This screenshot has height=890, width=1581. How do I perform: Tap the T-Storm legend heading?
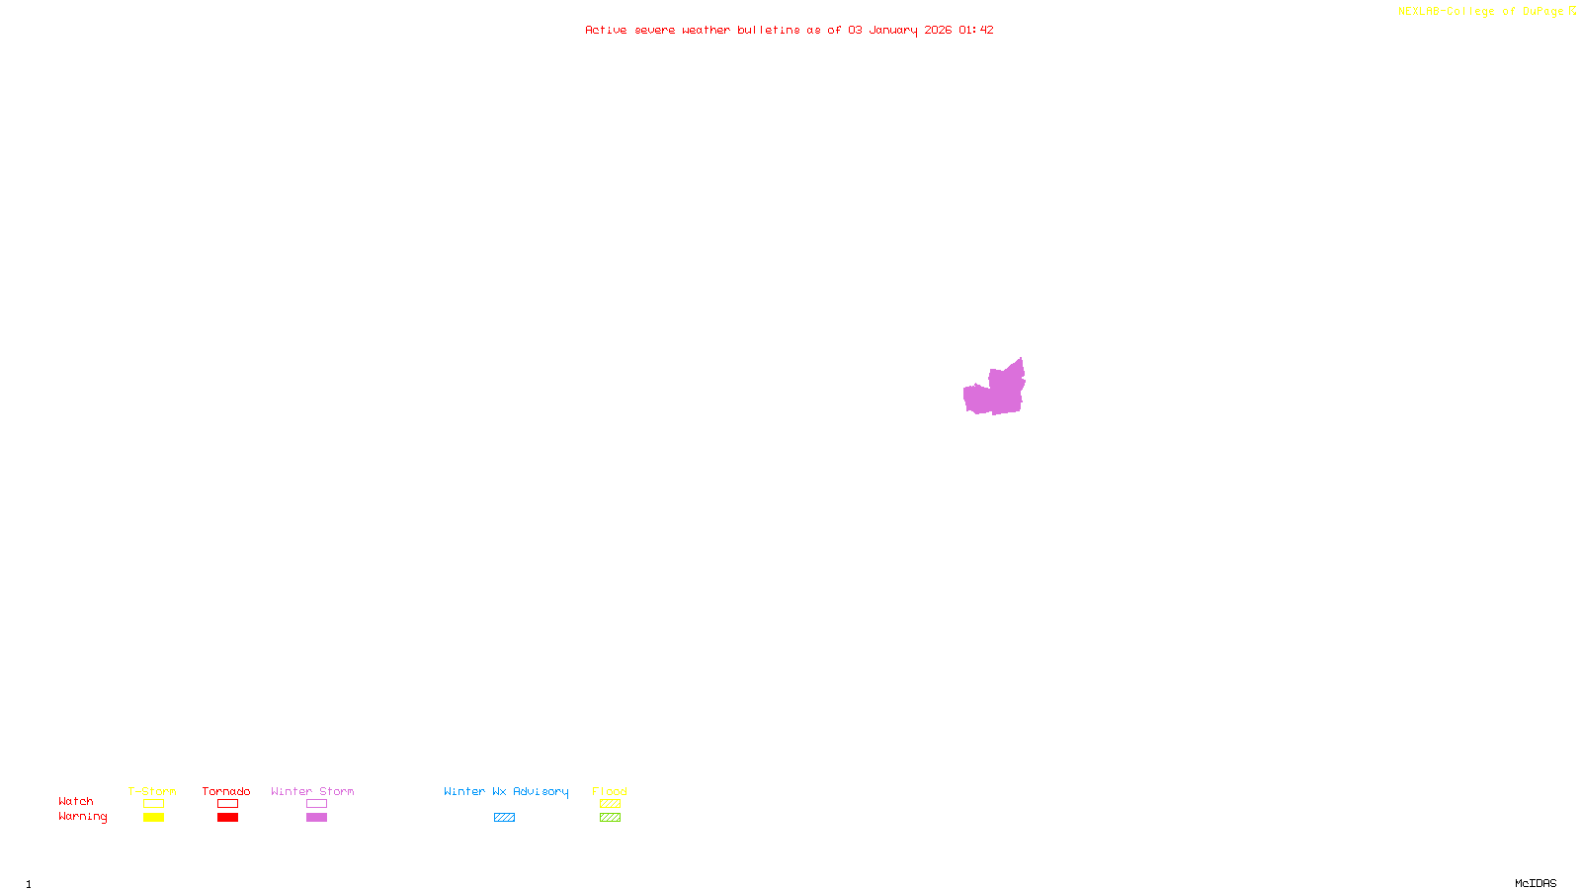152,791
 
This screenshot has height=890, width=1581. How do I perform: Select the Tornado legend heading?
226,791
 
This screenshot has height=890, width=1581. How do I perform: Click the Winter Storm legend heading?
312,791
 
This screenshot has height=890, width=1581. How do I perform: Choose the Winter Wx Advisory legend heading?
506,791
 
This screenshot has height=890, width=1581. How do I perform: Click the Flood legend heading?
610,791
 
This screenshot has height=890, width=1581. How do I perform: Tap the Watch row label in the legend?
76,801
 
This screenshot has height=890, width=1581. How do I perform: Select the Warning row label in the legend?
82,817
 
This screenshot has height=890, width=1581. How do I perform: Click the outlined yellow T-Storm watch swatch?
153,804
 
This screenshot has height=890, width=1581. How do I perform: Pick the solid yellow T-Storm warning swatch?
153,818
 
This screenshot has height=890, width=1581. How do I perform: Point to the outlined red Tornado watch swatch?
227,804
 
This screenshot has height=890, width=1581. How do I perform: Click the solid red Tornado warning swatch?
227,818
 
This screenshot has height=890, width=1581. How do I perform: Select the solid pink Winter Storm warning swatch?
316,818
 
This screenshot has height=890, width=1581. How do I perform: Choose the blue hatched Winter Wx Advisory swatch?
504,818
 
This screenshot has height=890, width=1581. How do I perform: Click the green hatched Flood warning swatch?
610,818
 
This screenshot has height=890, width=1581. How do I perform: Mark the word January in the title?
893,30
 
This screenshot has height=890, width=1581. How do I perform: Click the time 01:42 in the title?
976,30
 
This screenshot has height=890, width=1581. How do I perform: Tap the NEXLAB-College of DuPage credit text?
1481,11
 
